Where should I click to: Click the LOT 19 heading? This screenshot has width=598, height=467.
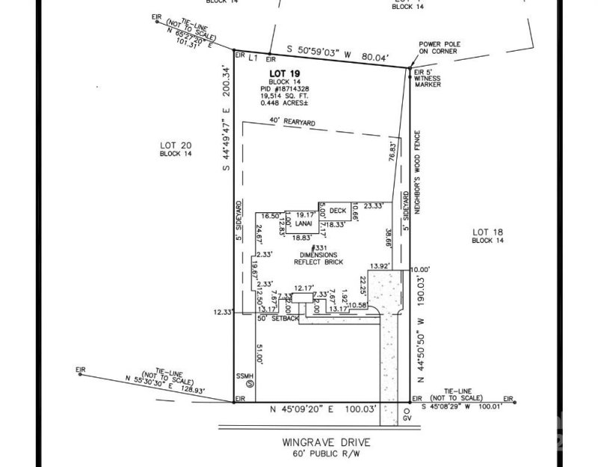(x=284, y=73)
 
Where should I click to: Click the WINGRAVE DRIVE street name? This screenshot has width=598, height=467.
(x=327, y=442)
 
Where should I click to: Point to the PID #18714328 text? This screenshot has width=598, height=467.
(x=284, y=89)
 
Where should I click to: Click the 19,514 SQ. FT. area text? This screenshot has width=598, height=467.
(x=284, y=96)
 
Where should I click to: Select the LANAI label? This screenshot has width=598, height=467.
(x=303, y=223)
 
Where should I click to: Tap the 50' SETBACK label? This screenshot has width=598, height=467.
(x=278, y=319)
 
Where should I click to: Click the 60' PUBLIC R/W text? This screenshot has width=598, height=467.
(x=327, y=454)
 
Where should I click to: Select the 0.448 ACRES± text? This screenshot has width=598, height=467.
(x=284, y=103)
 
